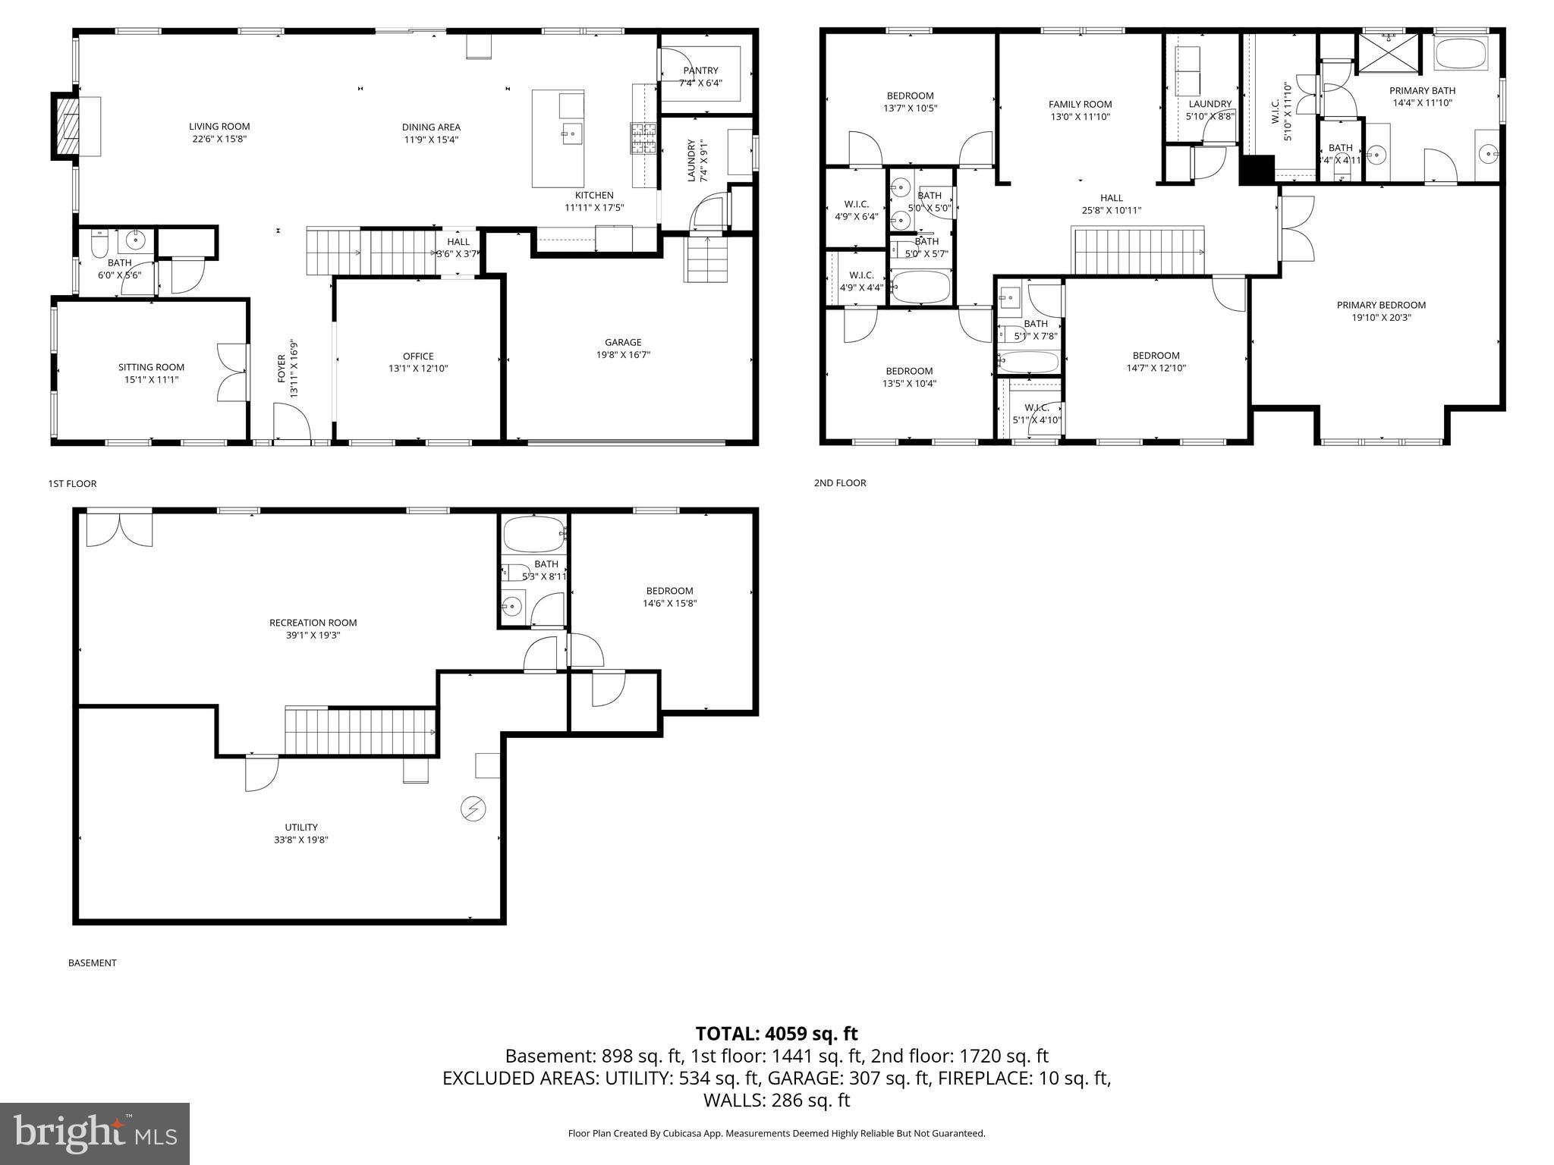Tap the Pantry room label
700,71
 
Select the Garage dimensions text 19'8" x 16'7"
623,354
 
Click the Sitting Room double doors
232,372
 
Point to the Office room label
418,356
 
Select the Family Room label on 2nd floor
1080,105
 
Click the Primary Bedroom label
1381,305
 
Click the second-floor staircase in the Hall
1137,250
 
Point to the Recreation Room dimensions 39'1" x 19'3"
313,636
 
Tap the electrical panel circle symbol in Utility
473,809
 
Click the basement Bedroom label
669,591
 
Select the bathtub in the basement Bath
534,535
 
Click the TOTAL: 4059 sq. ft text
776,1034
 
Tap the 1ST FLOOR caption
73,484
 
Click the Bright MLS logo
95,1134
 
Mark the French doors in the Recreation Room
119,529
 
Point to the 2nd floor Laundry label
1210,104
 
